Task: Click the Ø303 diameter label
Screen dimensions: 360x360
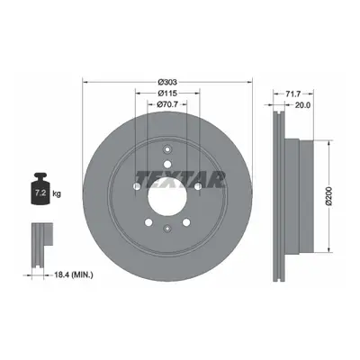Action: pyautogui.click(x=167, y=82)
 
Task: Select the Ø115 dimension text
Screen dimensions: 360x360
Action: pyautogui.click(x=167, y=94)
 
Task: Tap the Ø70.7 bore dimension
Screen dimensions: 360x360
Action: pyautogui.click(x=167, y=104)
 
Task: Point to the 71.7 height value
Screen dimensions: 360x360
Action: pyautogui.click(x=292, y=94)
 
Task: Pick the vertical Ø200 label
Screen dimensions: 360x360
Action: pyautogui.click(x=329, y=196)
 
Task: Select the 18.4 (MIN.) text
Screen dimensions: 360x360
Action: pyautogui.click(x=74, y=274)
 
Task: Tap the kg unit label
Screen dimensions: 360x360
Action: pyautogui.click(x=57, y=193)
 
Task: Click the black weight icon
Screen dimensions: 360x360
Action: pyautogui.click(x=40, y=189)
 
